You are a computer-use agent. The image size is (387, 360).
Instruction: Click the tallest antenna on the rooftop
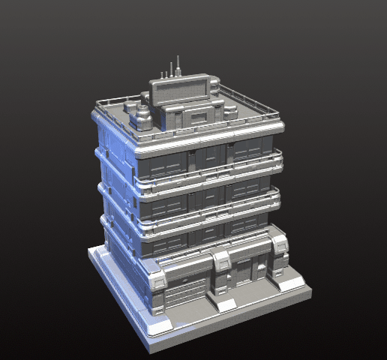pos(178,66)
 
